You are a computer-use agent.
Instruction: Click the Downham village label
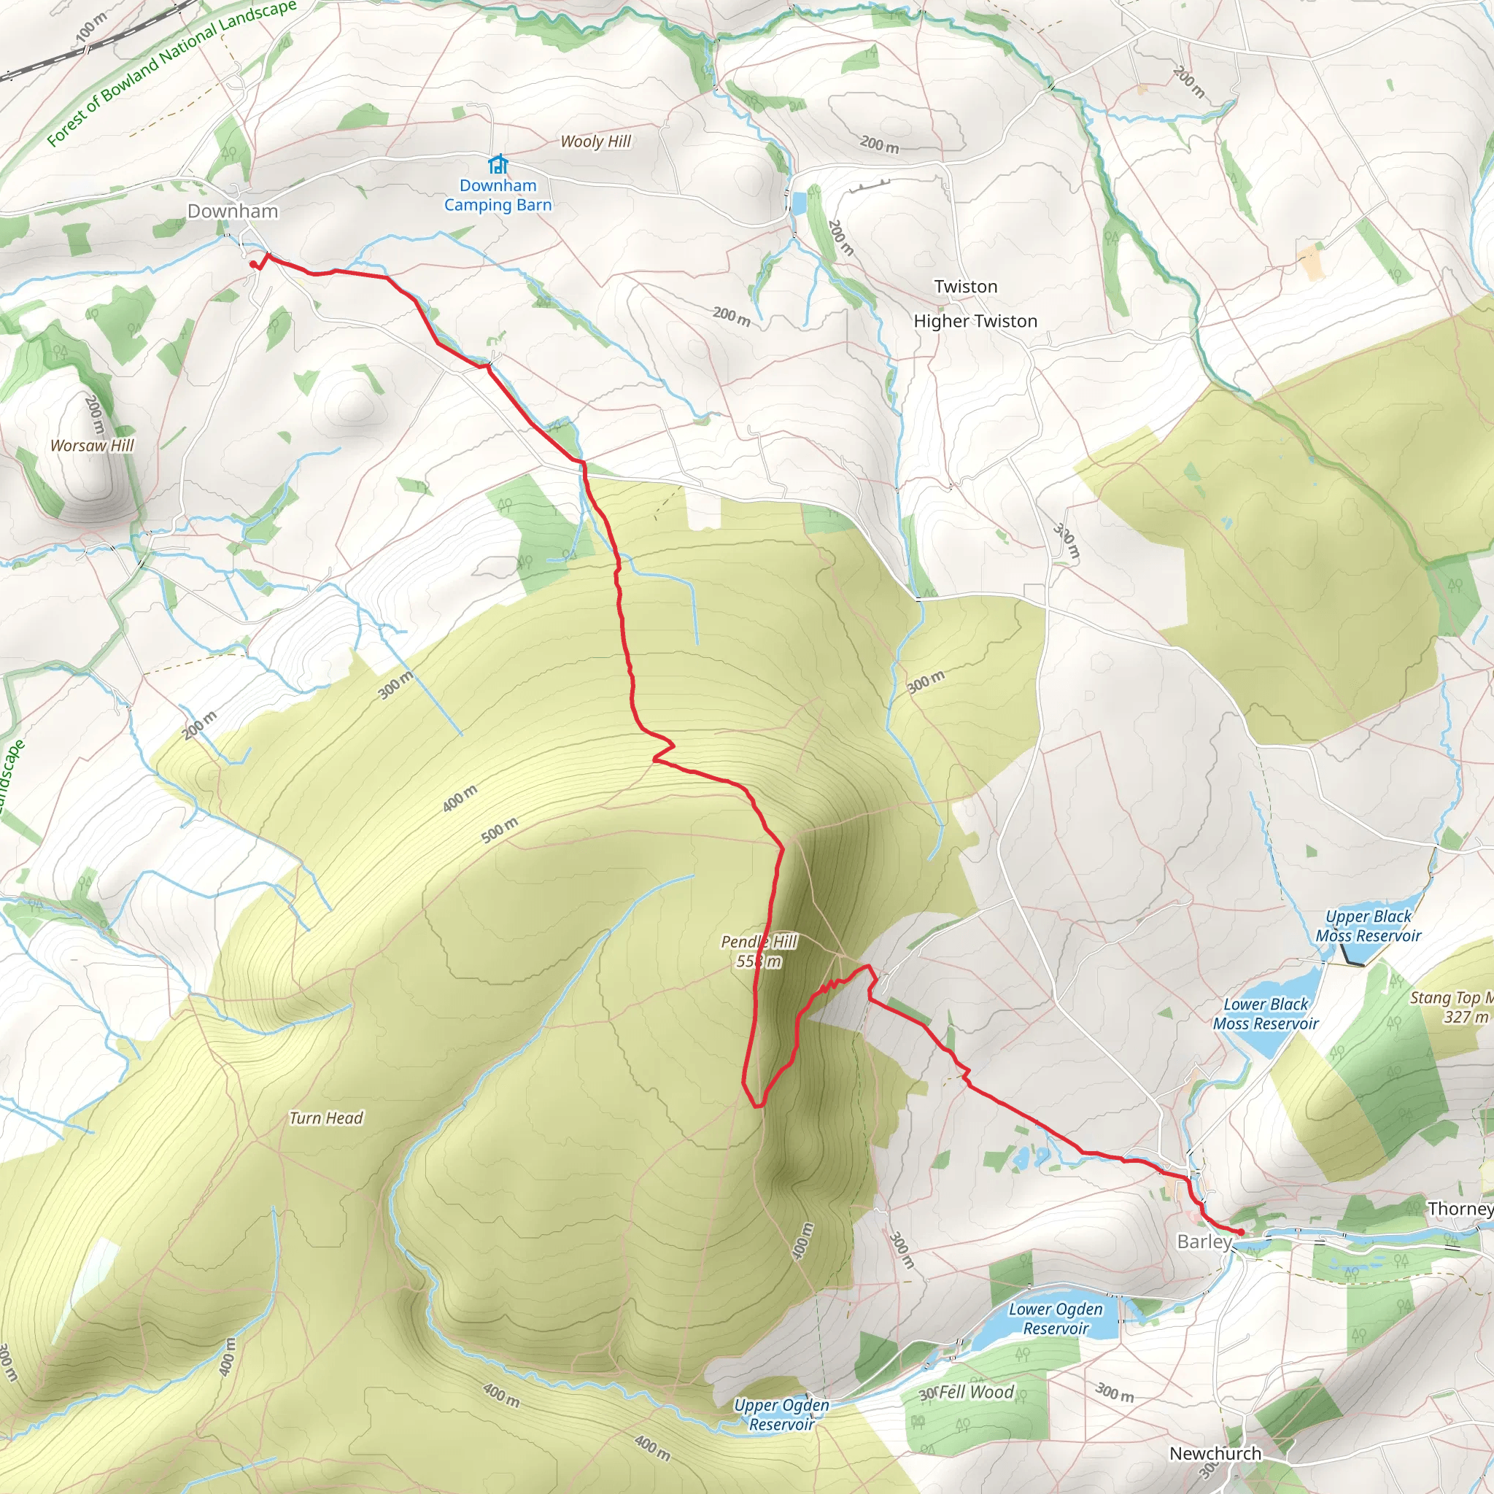(x=233, y=211)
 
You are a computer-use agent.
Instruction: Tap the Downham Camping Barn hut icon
(x=498, y=164)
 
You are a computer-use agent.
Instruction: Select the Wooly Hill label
(x=595, y=142)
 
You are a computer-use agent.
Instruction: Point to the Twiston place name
(x=966, y=287)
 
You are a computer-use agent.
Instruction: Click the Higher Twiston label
(x=975, y=321)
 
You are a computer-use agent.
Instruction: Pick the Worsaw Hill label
(x=92, y=446)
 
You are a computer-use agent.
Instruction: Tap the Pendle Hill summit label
(x=759, y=951)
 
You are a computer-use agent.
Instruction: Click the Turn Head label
(x=325, y=1118)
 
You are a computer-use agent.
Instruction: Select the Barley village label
(x=1204, y=1242)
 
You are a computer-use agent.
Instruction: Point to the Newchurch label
(x=1215, y=1453)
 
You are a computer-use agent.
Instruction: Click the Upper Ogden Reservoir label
(x=782, y=1415)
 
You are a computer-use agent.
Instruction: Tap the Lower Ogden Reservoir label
(x=1056, y=1318)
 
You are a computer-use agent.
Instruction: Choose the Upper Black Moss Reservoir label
(x=1369, y=926)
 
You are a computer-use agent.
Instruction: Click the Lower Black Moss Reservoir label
(x=1266, y=1014)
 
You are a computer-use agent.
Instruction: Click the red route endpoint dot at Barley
(x=1241, y=1232)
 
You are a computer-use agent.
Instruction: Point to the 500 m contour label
(x=500, y=829)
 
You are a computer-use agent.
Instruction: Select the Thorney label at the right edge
(x=1460, y=1209)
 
